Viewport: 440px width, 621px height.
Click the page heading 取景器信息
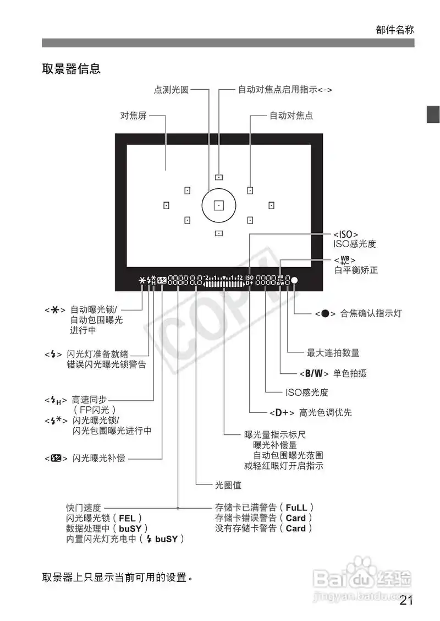click(x=71, y=69)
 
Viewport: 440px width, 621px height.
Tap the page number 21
click(x=406, y=600)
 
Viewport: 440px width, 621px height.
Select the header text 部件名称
click(x=395, y=30)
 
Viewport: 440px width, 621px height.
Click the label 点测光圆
click(x=170, y=90)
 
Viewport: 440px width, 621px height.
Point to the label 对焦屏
click(x=134, y=116)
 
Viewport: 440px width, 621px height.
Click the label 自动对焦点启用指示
click(x=284, y=90)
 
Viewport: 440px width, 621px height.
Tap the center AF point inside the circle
click(x=218, y=205)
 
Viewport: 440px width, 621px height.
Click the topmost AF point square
click(x=218, y=177)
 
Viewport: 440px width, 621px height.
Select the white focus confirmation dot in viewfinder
click(x=294, y=280)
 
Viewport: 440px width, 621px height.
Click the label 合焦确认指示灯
click(x=371, y=314)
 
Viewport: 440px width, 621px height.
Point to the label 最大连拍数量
click(x=333, y=353)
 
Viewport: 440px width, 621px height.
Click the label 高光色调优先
click(x=325, y=412)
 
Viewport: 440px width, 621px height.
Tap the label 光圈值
click(x=228, y=486)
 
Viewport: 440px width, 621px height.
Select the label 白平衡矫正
click(x=356, y=270)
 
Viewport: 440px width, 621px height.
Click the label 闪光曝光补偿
click(x=98, y=457)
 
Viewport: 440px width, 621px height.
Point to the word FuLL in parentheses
click(x=296, y=507)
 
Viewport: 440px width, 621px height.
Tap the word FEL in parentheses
click(x=127, y=518)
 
